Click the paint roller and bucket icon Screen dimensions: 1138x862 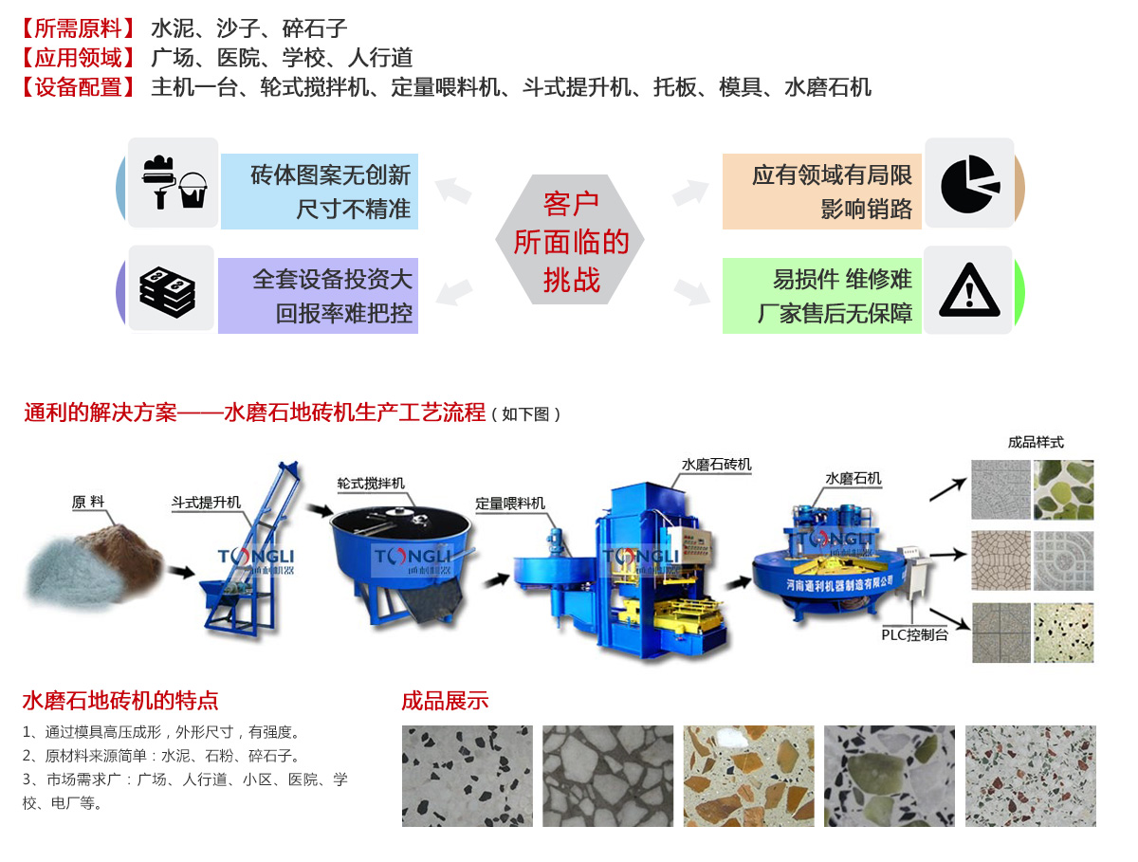[174, 182]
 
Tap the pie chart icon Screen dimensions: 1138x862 [969, 184]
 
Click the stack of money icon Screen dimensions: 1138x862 [167, 291]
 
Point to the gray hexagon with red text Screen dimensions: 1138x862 [569, 240]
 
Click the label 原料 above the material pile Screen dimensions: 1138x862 [87, 502]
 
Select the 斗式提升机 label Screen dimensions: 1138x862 [206, 502]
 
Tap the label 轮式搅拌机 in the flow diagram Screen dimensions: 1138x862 [370, 483]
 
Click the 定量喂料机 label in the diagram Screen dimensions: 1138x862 [509, 503]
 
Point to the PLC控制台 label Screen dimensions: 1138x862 [914, 634]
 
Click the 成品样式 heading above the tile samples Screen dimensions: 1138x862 [1036, 442]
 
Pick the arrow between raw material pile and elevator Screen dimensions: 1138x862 [181, 572]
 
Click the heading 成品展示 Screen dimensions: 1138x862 [445, 700]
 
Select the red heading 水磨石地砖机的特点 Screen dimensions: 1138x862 [120, 700]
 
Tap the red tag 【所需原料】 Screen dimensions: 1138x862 [78, 28]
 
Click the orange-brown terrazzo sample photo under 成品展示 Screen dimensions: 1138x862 [748, 776]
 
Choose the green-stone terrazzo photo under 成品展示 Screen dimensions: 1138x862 [889, 776]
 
